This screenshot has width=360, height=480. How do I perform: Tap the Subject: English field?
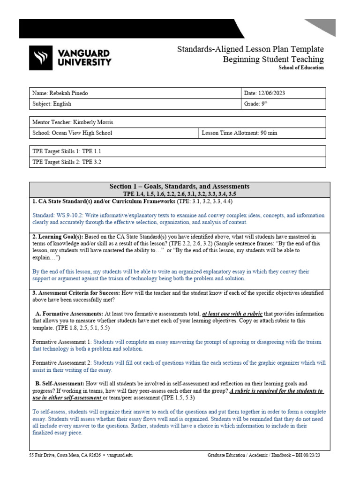coord(52,104)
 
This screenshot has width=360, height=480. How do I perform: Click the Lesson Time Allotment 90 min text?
coord(239,133)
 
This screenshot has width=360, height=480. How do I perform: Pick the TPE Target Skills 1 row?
coord(66,151)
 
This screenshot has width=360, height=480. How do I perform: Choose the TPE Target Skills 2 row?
coord(66,162)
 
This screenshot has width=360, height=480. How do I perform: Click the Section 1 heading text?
coord(179,186)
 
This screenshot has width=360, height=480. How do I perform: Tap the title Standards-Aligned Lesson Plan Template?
coord(250,49)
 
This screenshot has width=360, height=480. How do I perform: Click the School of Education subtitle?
coord(301,67)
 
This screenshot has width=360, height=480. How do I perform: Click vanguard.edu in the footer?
coord(120,455)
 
